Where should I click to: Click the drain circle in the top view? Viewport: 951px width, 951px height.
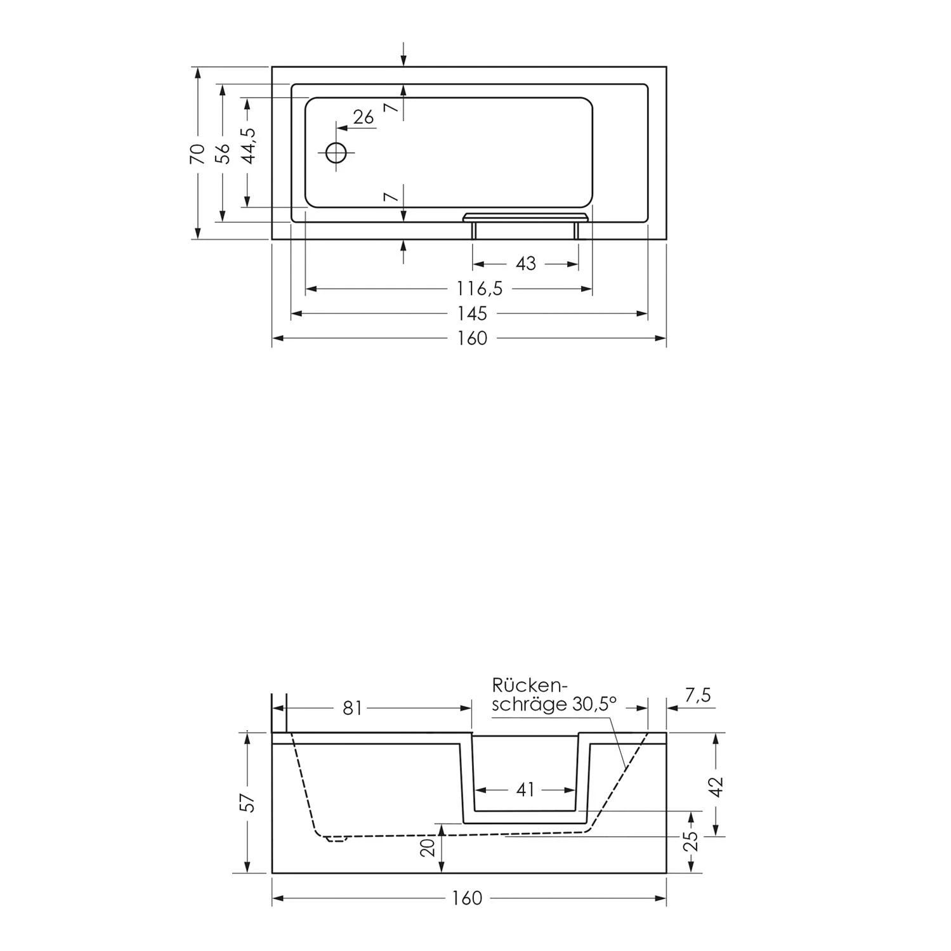click(336, 153)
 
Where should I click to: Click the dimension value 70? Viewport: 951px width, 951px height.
click(198, 154)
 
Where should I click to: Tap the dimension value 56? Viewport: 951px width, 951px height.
click(223, 154)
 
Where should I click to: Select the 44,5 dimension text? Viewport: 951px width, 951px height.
click(248, 146)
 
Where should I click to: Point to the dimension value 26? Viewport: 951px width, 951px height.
click(363, 117)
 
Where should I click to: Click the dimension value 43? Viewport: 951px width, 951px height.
click(525, 263)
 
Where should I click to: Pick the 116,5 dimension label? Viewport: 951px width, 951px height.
click(480, 289)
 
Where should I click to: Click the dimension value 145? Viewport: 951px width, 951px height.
click(473, 313)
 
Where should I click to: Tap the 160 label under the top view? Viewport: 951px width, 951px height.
click(473, 339)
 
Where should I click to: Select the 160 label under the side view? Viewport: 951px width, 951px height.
click(467, 898)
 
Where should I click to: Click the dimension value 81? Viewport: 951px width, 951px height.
click(352, 708)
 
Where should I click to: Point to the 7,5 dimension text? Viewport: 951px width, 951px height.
click(698, 696)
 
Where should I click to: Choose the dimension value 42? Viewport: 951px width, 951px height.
click(716, 787)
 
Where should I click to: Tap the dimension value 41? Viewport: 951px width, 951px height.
click(525, 790)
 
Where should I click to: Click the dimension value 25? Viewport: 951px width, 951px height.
click(692, 841)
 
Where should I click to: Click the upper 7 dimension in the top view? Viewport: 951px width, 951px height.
click(393, 108)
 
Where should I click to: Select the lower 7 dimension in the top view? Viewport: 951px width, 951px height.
click(393, 197)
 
